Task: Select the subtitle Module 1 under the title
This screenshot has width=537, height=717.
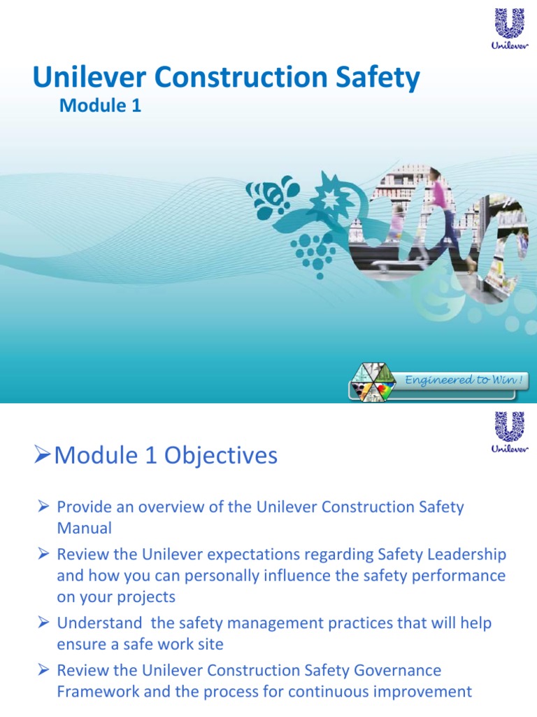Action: [101, 106]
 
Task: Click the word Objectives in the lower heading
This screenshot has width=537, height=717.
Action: [220, 456]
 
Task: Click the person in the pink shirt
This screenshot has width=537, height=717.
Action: [440, 210]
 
